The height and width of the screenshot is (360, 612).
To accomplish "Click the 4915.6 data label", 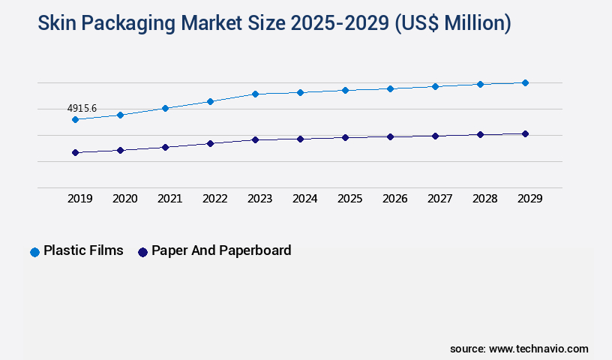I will [82, 108].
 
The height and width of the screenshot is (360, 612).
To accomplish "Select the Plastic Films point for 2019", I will [75, 119].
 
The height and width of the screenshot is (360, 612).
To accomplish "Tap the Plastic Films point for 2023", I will [255, 94].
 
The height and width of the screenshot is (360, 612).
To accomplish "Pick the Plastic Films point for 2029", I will [525, 82].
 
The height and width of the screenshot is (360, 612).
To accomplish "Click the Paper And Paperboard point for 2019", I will [75, 152].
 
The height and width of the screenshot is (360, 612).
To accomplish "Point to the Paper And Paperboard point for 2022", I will [210, 143].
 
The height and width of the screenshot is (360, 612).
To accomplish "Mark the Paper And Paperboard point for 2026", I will [390, 136].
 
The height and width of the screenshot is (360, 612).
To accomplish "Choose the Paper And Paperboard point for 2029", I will [525, 133].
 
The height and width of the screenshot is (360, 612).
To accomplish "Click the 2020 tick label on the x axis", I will [124, 199].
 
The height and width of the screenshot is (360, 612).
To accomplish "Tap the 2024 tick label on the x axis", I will [304, 199].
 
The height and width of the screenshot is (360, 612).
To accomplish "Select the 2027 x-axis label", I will [439, 199].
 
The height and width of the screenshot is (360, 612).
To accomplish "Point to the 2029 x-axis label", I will [529, 199].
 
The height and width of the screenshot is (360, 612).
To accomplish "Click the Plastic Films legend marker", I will [34, 252].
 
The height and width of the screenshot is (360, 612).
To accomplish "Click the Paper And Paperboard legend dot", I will [142, 252].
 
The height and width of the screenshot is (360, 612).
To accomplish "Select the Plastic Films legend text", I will [83, 251].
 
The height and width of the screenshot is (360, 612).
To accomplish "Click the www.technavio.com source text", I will [538, 349].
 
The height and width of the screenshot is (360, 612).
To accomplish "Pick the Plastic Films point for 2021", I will [165, 108].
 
